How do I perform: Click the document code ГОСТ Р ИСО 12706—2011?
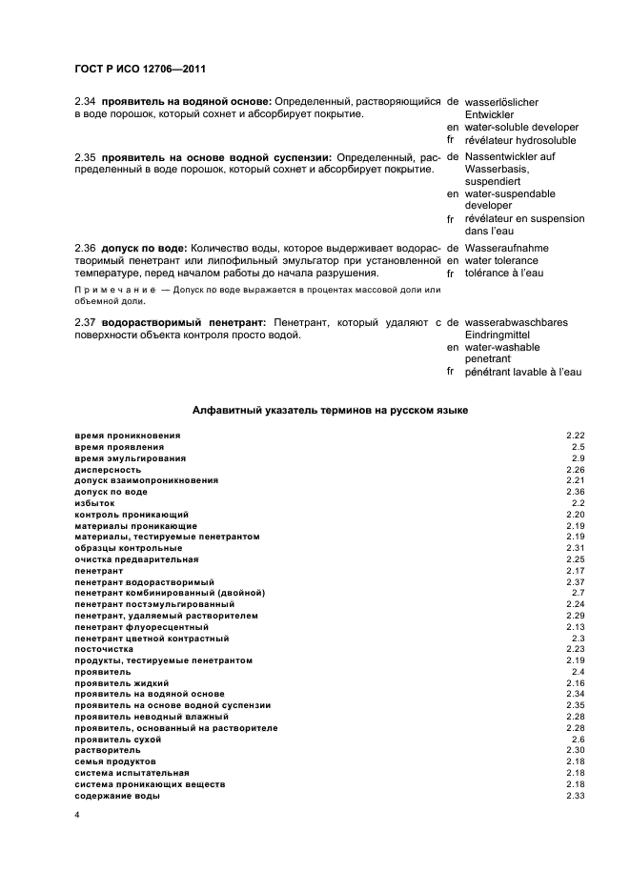pos(141,69)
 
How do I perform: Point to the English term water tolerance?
pos(501,260)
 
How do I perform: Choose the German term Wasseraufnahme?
pos(507,248)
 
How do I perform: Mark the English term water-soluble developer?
pos(521,127)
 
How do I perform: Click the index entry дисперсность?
pos(108,469)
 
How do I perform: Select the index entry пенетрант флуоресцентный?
pos(141,627)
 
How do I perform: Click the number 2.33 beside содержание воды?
pos(575,796)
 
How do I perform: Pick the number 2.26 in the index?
pos(575,469)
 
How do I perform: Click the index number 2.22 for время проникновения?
pos(575,436)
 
